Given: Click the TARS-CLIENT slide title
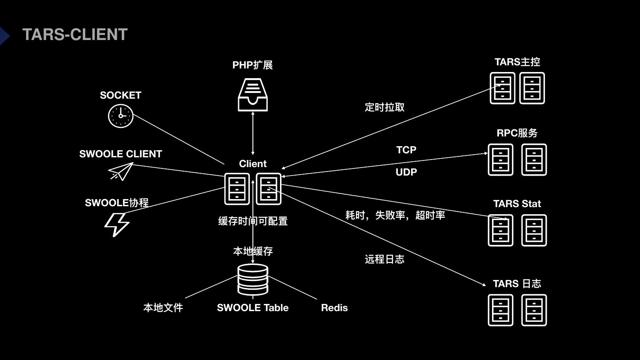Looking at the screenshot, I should tap(75, 35).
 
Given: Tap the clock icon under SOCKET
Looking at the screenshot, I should tap(120, 116).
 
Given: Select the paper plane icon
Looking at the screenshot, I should tap(121, 171).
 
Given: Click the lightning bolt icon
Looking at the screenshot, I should tap(117, 224).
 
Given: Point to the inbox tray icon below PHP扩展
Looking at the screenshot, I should tap(253, 94).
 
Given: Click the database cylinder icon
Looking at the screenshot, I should tap(253, 279).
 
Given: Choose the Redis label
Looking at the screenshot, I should tap(334, 308).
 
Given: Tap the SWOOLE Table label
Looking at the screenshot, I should tap(252, 308).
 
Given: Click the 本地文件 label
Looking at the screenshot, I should tap(163, 308).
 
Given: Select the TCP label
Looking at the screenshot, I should tap(406, 150).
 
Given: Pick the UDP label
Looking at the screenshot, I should tap(406, 172).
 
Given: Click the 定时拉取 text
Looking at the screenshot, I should tap(384, 107).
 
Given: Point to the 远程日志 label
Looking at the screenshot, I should tap(384, 259).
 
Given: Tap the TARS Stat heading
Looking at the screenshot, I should tap(517, 204).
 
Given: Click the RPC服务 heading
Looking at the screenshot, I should tap(517, 133).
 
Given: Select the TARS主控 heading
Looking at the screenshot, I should tap(517, 62).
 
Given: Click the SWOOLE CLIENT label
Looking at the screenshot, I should tap(120, 154).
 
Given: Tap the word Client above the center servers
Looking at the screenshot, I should tap(253, 164).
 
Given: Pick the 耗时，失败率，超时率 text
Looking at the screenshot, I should tap(395, 215).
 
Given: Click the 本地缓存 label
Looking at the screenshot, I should tap(253, 251).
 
